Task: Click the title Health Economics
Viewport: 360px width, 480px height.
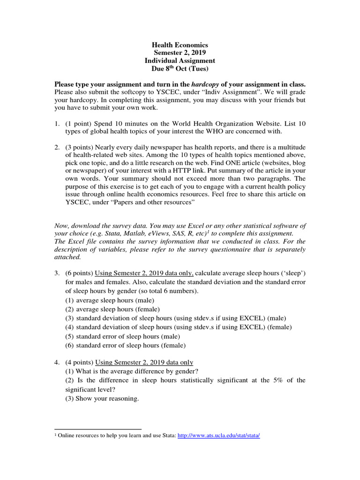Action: click(x=180, y=45)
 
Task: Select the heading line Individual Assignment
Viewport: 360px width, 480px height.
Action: click(x=180, y=61)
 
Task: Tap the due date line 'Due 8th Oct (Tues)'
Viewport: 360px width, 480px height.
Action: click(x=180, y=69)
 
